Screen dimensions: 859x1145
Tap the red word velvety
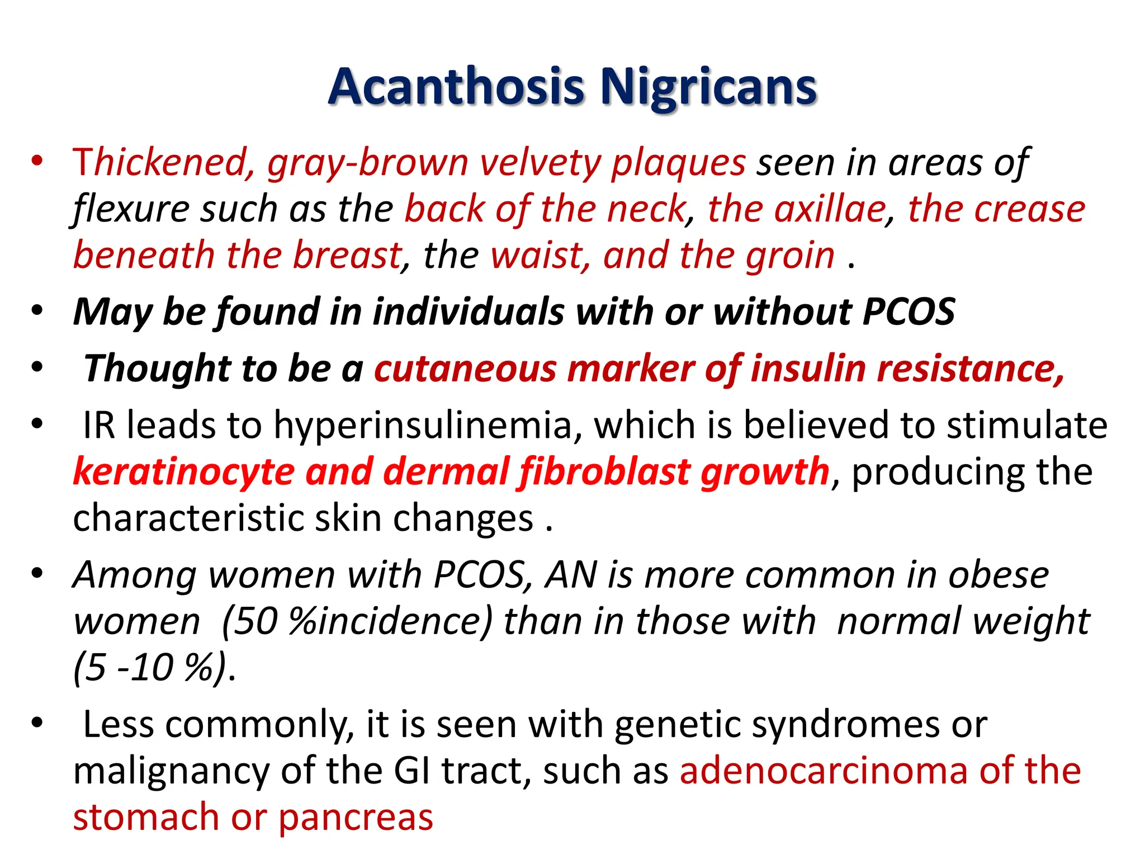(x=540, y=163)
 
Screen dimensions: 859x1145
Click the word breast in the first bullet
(x=347, y=256)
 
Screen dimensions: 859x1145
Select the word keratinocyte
(x=183, y=472)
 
